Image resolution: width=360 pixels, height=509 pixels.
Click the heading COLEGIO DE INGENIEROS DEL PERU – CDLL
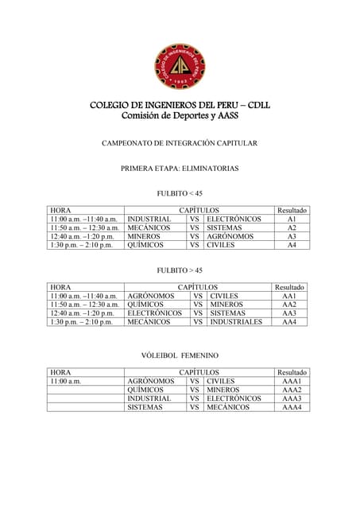coord(180,105)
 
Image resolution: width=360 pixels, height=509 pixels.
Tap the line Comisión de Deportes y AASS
coord(180,116)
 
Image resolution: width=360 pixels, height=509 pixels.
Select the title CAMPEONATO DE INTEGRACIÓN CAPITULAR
coord(180,143)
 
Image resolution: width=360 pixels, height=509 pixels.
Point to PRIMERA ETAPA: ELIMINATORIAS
coord(180,169)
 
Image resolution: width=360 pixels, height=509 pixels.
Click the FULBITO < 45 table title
coord(180,193)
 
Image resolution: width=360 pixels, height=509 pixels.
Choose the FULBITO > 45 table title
coord(180,270)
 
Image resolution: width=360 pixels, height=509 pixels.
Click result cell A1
coord(292,219)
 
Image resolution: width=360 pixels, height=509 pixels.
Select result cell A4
coord(292,245)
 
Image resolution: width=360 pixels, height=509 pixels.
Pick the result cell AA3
coord(289,313)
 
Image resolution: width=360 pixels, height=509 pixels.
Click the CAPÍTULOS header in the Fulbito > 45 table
coord(198,287)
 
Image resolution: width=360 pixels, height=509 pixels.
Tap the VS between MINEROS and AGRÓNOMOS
coord(195,236)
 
